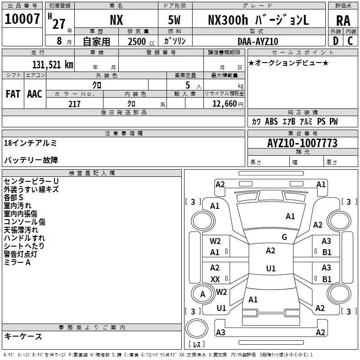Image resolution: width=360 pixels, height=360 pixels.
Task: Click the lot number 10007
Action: [x=22, y=19]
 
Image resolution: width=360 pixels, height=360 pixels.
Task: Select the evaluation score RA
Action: [x=343, y=20]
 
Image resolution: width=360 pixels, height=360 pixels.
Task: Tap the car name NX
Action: [x=117, y=20]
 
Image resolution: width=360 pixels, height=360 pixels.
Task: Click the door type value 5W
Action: [x=175, y=20]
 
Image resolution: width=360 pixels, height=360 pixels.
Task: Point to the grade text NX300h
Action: [x=227, y=20]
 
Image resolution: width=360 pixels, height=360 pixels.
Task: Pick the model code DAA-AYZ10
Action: [x=258, y=41]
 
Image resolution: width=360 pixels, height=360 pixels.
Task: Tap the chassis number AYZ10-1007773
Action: [x=302, y=143]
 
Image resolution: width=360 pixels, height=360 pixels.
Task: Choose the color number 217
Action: [x=74, y=104]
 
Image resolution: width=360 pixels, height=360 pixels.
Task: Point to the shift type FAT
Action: [x=13, y=94]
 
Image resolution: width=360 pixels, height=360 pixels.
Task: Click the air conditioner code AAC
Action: [x=35, y=94]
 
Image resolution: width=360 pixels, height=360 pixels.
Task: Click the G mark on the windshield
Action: [x=284, y=237]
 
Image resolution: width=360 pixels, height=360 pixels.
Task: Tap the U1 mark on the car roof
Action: [x=270, y=269]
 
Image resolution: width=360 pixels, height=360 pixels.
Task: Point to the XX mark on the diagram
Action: [x=215, y=279]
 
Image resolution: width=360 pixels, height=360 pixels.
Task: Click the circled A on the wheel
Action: [x=202, y=294]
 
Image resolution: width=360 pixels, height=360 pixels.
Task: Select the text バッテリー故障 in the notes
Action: [x=31, y=160]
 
